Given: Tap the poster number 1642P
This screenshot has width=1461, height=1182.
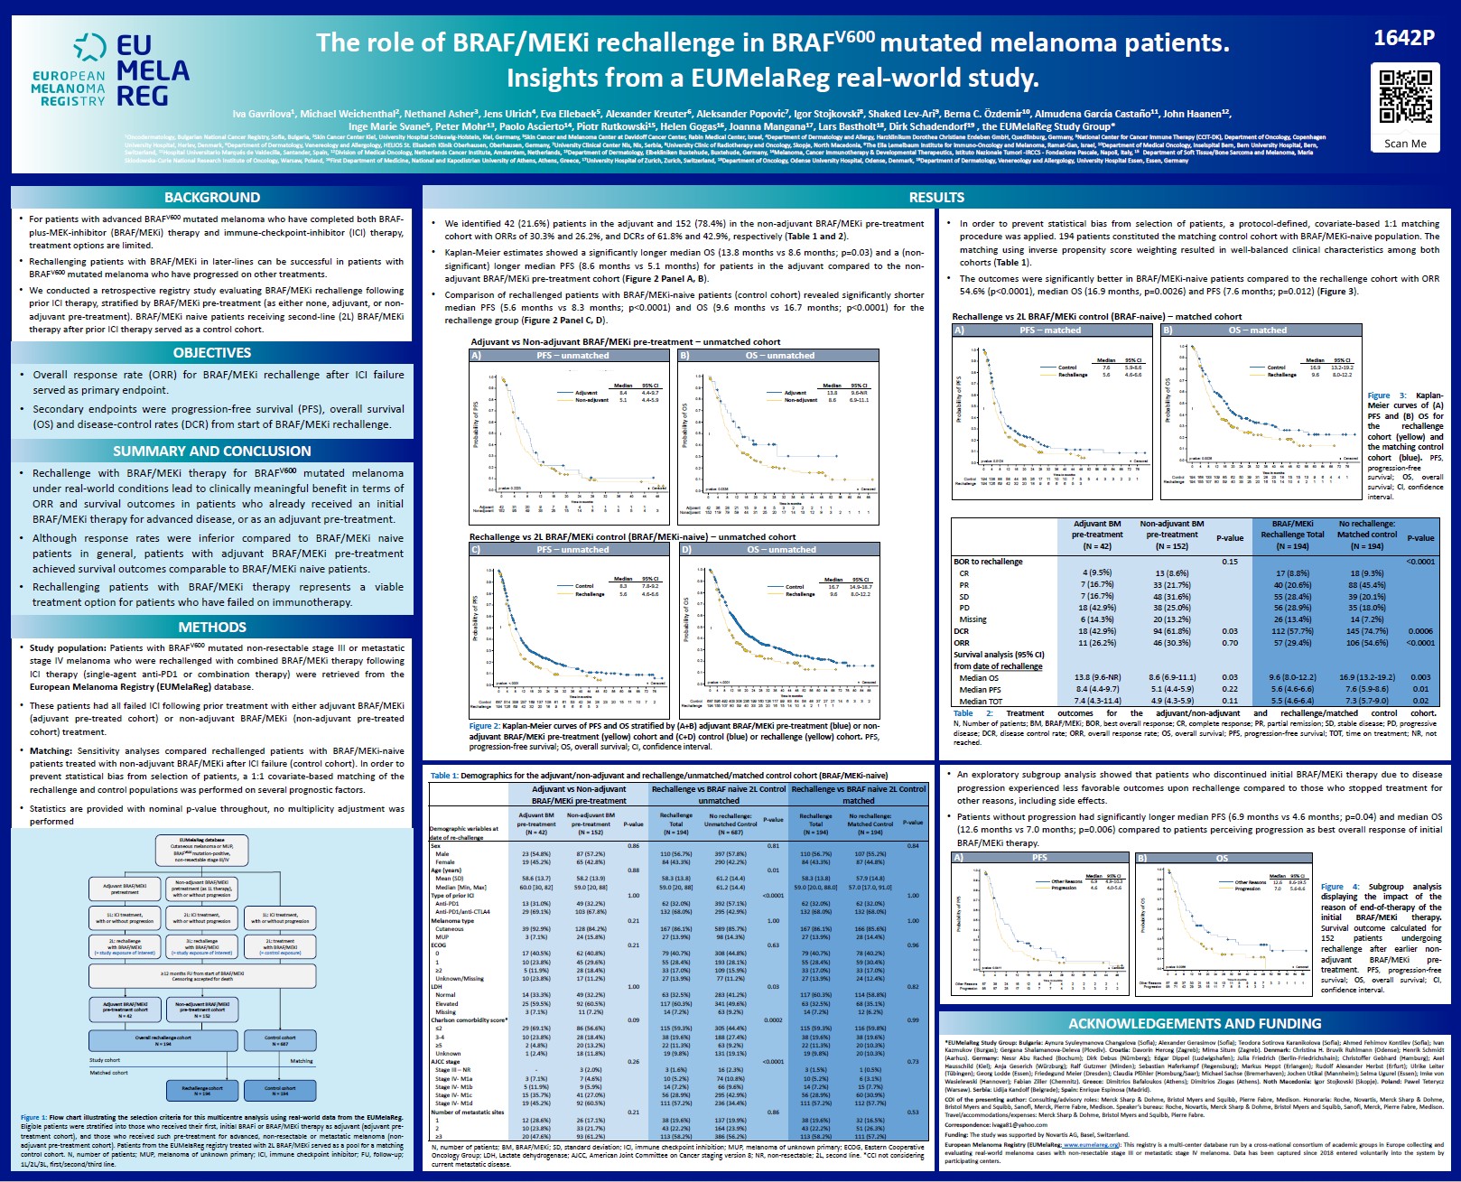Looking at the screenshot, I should [1403, 38].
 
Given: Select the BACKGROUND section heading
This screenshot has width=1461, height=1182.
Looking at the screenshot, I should [211, 198].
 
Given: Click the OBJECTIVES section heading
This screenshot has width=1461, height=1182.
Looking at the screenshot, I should [211, 353].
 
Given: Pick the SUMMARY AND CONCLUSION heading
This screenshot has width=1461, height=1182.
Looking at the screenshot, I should [211, 451].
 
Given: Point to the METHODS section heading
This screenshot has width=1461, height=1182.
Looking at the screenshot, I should [211, 628].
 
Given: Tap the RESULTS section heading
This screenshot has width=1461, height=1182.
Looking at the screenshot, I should [936, 198].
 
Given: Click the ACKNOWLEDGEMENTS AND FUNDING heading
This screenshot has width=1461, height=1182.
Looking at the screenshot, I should [1194, 1024].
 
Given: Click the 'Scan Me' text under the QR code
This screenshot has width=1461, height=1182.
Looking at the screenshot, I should [1405, 144].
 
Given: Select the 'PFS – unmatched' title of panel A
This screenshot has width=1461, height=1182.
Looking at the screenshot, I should [572, 356].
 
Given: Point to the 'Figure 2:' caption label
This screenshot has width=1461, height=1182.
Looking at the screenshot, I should [484, 726].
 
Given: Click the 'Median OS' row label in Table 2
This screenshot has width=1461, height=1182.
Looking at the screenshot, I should [979, 678].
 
